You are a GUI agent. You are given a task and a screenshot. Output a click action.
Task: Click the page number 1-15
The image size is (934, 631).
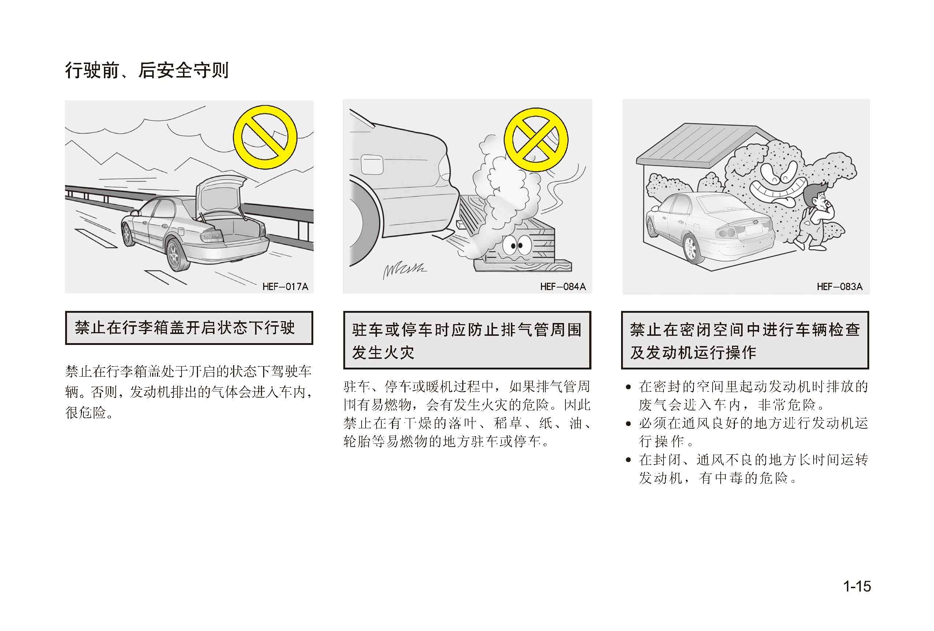click(857, 586)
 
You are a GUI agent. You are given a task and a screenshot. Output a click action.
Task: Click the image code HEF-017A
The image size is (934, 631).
click(285, 286)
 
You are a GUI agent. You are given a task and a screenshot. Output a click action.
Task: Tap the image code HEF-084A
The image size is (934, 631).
click(563, 286)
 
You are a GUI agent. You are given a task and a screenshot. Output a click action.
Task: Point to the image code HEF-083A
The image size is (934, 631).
click(840, 286)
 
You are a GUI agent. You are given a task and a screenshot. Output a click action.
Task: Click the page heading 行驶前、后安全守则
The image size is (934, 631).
click(147, 70)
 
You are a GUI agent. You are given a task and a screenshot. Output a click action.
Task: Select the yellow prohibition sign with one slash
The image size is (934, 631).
click(265, 138)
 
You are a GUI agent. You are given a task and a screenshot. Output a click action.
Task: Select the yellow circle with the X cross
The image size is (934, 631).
click(536, 140)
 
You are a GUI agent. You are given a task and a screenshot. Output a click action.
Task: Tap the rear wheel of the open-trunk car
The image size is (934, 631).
click(176, 254)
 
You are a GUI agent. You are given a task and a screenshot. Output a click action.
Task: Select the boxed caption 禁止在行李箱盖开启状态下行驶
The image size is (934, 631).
click(189, 328)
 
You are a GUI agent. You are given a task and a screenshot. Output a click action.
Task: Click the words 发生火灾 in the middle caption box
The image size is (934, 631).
click(383, 353)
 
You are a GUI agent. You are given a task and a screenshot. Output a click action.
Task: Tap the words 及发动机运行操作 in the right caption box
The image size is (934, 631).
click(693, 353)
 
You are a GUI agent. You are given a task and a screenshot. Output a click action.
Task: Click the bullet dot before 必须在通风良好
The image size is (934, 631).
click(628, 424)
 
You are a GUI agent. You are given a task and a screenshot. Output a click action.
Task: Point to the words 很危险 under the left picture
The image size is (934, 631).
click(85, 413)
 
